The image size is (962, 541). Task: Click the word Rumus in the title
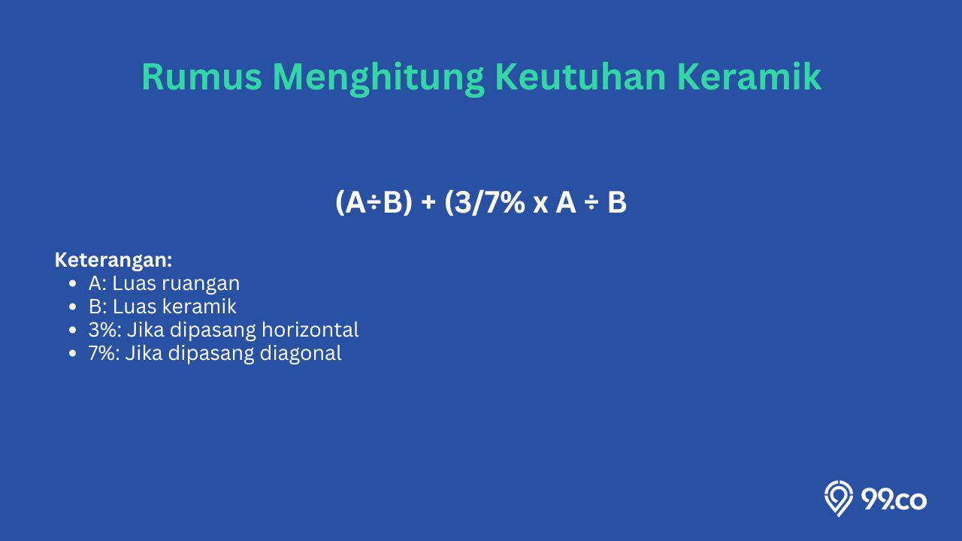tap(201, 77)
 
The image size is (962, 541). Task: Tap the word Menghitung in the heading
tap(379, 79)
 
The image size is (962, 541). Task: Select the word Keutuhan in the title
tap(581, 77)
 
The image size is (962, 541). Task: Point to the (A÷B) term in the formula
tap(374, 202)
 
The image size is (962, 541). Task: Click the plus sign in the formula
tap(428, 203)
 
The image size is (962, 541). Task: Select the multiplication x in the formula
tap(540, 206)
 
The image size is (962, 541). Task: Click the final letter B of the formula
tap(617, 203)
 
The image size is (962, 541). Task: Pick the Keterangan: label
tap(113, 261)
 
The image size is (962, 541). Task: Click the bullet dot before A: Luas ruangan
tap(73, 284)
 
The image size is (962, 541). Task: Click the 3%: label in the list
tap(104, 330)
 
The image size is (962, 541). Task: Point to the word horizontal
tap(310, 330)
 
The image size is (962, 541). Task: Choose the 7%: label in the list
tap(104, 353)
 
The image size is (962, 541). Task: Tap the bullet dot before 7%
tap(73, 353)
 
